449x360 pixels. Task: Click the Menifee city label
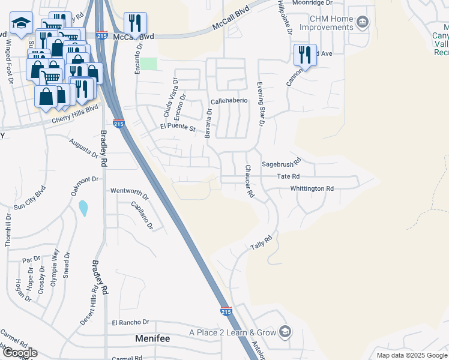152,338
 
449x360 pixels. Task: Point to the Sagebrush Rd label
280,163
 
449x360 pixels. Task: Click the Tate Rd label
288,176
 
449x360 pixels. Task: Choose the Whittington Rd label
312,188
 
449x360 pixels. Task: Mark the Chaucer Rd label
248,182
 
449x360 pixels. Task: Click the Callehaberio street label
229,101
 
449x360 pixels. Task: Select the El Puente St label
178,128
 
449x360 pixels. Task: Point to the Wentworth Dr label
129,191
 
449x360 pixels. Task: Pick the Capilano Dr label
143,215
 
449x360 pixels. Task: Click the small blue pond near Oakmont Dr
83,208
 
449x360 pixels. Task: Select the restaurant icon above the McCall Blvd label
135,23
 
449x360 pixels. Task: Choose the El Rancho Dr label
130,322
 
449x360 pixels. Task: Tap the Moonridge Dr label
312,3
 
